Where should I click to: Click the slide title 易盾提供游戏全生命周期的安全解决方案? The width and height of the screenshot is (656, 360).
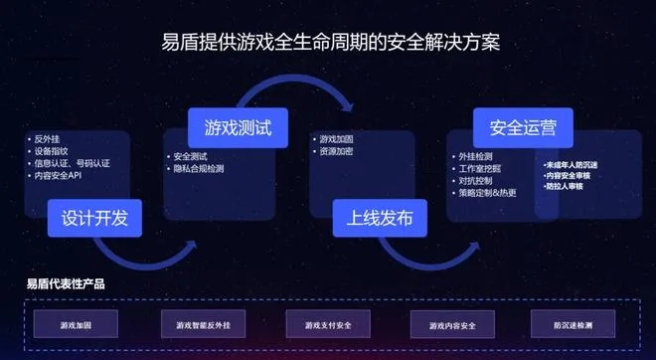tap(327, 45)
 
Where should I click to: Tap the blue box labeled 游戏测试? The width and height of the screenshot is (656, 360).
tap(238, 128)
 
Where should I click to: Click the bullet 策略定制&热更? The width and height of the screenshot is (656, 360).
tap(487, 193)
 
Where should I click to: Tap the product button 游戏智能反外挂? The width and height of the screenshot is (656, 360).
tap(203, 324)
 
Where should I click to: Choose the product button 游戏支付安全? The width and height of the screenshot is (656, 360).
tap(327, 324)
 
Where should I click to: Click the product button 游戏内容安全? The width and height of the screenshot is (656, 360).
tap(452, 324)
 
